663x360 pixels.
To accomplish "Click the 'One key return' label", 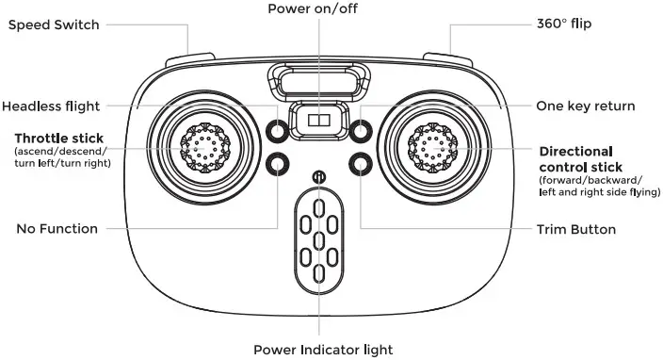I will click(585, 106).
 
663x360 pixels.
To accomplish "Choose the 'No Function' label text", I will click(58, 229).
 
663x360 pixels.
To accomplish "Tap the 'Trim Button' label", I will click(575, 229).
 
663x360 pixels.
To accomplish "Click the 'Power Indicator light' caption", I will click(322, 349).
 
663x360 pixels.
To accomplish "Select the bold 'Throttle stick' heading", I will click(58, 139).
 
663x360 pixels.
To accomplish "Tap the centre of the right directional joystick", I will click(434, 146).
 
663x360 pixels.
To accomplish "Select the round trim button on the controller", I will click(360, 165).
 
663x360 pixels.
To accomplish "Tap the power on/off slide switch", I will click(318, 121).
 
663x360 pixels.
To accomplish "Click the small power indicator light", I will click(318, 176).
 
